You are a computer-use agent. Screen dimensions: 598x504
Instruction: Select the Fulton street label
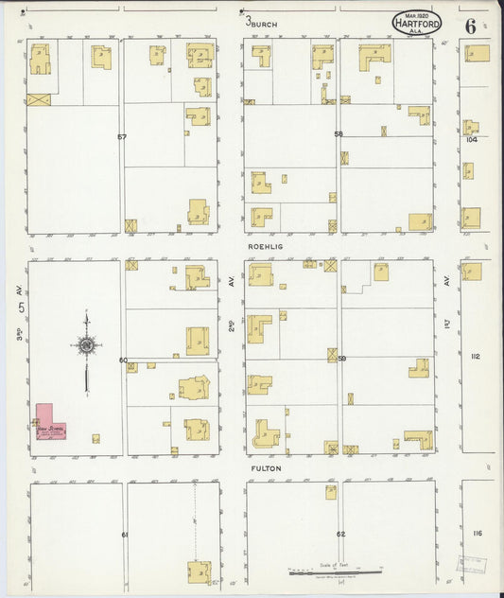coord(265,467)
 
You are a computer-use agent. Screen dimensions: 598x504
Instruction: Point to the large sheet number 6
coord(470,25)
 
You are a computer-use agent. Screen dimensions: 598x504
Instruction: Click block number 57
coord(122,137)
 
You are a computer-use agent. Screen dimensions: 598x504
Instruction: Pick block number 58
coord(338,134)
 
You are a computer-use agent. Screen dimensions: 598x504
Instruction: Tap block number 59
coord(341,359)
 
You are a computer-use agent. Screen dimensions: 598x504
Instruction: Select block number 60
coord(123,361)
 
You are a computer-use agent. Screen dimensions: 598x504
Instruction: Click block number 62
coord(340,535)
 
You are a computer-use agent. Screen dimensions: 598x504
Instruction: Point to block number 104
coord(472,139)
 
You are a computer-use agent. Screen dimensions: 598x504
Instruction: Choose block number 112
coord(475,356)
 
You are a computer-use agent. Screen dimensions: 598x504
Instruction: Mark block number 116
coord(477,534)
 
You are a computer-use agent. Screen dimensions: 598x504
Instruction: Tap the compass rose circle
coord(86,345)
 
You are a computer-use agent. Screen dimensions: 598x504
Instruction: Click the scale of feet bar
coord(335,572)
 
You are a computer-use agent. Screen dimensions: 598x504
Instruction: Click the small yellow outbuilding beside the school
coord(96,438)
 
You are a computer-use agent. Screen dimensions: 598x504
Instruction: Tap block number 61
coord(124,535)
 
